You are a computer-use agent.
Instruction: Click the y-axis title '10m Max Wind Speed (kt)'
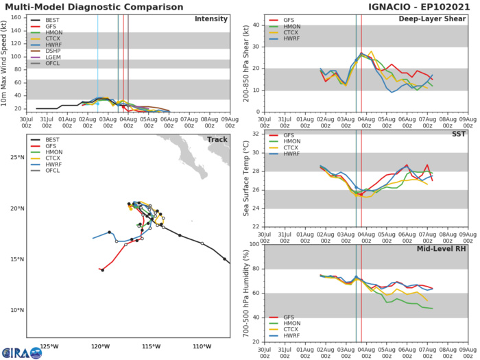[x=6, y=62]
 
